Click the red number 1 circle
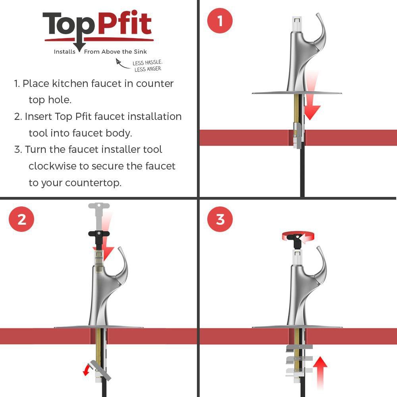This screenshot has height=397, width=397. [220, 21]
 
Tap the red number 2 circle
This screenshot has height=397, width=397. [21, 219]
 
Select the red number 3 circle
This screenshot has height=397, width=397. [220, 219]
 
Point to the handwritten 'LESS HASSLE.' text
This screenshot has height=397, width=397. [147, 62]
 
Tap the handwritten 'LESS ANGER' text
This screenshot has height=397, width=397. [148, 69]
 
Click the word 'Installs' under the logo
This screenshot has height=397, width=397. [65, 52]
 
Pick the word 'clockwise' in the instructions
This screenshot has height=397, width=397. [52, 166]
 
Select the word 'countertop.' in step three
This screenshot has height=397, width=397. [93, 183]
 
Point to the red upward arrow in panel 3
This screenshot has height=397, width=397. [320, 373]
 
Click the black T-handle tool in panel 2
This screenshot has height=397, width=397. [99, 239]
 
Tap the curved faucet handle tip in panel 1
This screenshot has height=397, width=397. [318, 15]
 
